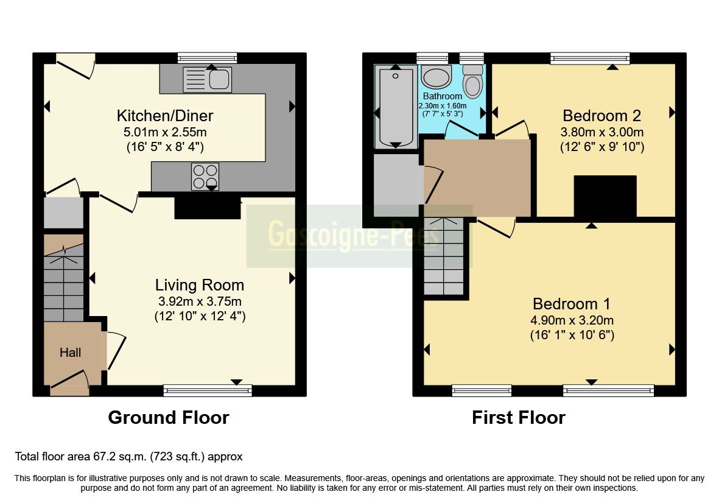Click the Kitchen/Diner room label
(x=165, y=115)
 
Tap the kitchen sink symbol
(x=207, y=79)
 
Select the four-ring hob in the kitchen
(x=205, y=177)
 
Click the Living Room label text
(x=200, y=285)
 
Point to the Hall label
(x=70, y=353)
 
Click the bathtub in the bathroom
(x=396, y=107)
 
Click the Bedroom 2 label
(x=602, y=115)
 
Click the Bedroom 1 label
(x=572, y=303)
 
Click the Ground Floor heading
(x=169, y=418)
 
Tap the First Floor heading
(x=518, y=418)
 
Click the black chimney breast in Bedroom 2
(x=605, y=196)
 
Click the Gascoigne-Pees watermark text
(x=353, y=235)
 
